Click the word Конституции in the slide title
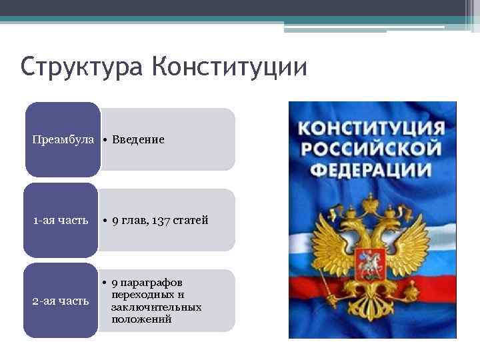229,68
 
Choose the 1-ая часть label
61,220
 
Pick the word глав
135,220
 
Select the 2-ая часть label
61,301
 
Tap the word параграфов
151,283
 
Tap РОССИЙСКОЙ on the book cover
371,148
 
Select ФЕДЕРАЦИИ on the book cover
371,169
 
